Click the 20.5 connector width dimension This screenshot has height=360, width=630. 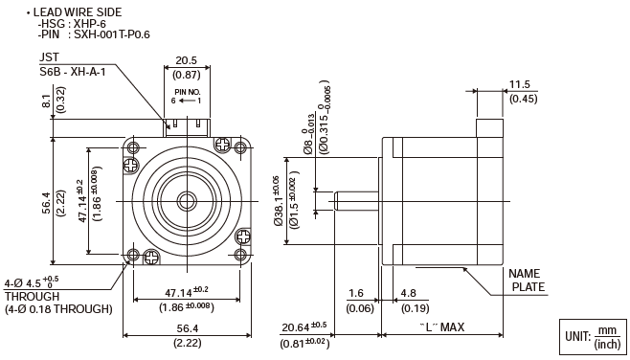point(187,60)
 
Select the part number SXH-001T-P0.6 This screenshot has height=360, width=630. point(112,35)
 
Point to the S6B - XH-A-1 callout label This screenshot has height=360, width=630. point(73,73)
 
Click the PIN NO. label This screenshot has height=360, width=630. point(188,92)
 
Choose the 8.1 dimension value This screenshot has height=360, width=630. point(47,101)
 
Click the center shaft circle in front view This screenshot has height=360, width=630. point(187,201)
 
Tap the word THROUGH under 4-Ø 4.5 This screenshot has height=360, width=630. point(33,297)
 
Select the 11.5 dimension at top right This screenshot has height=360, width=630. point(520,85)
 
